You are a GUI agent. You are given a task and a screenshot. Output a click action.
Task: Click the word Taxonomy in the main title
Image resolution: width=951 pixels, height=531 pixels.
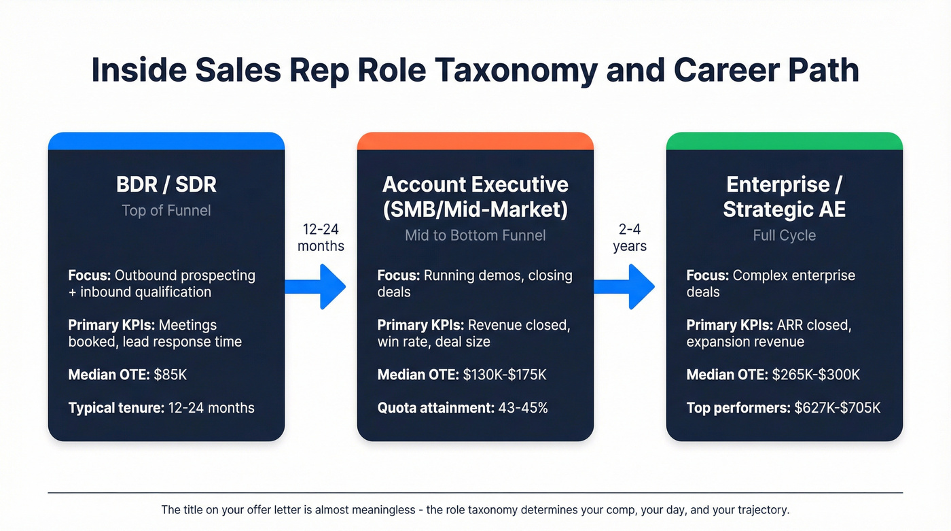(x=518, y=71)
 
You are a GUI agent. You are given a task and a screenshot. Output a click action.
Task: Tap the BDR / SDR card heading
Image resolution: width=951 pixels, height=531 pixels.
(x=166, y=185)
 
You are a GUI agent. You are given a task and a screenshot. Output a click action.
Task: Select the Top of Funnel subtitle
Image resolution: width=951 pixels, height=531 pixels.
(x=166, y=211)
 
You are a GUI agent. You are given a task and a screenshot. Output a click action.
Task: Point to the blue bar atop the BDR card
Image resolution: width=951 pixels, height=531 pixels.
(x=166, y=141)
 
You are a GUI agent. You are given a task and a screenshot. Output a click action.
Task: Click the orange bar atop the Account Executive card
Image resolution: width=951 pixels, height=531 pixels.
(x=475, y=141)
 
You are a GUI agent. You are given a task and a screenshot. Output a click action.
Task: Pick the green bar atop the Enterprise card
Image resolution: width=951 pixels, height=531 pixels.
(x=784, y=141)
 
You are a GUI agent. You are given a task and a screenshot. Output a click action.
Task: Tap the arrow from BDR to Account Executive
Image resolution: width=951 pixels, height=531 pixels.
(x=316, y=287)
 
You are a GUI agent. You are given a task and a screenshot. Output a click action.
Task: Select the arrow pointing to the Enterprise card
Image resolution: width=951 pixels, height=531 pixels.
(x=625, y=287)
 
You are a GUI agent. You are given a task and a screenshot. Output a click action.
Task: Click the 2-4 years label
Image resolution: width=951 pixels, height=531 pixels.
(x=630, y=237)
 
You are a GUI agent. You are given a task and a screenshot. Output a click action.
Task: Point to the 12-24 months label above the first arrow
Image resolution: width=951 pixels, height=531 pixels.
(x=321, y=237)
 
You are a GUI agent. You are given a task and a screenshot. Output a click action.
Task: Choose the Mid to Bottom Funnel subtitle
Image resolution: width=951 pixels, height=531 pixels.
(x=475, y=235)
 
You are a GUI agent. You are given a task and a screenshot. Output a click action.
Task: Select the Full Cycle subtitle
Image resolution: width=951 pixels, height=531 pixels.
(x=784, y=235)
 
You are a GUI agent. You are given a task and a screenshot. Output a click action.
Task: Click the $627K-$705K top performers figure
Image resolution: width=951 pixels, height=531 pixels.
(x=837, y=408)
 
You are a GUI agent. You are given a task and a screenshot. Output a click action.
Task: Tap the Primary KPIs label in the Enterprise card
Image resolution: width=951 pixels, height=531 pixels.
(x=728, y=325)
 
